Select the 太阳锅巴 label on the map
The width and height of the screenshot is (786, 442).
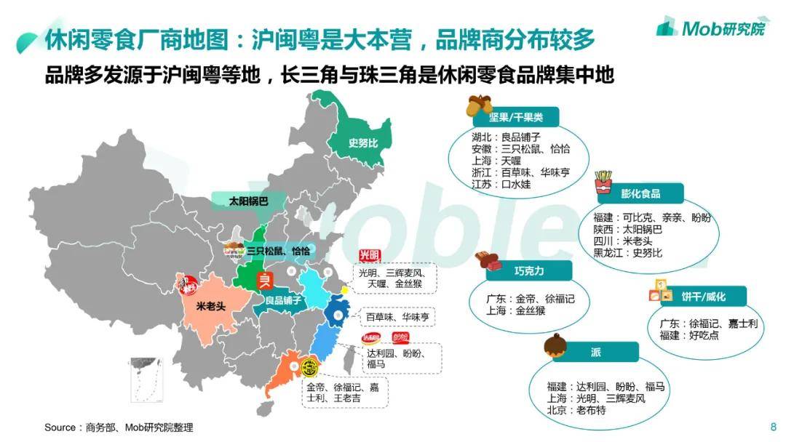pos(248,201)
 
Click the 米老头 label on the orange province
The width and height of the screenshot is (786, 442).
pos(211,306)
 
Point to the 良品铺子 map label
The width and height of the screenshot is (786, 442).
pos(283,300)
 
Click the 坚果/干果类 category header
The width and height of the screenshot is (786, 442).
pos(514,117)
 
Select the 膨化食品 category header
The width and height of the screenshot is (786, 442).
pos(640,193)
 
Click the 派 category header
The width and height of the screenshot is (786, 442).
pos(595,352)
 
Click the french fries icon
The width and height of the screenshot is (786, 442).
pos(603,182)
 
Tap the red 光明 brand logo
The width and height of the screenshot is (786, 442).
pos(370,257)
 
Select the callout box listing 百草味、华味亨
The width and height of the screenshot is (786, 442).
pos(397,317)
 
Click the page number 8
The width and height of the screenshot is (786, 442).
pos(773,427)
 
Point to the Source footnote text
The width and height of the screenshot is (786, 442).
pos(119,427)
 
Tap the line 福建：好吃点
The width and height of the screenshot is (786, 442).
pos(689,335)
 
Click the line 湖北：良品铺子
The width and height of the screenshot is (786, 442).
pos(506,137)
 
